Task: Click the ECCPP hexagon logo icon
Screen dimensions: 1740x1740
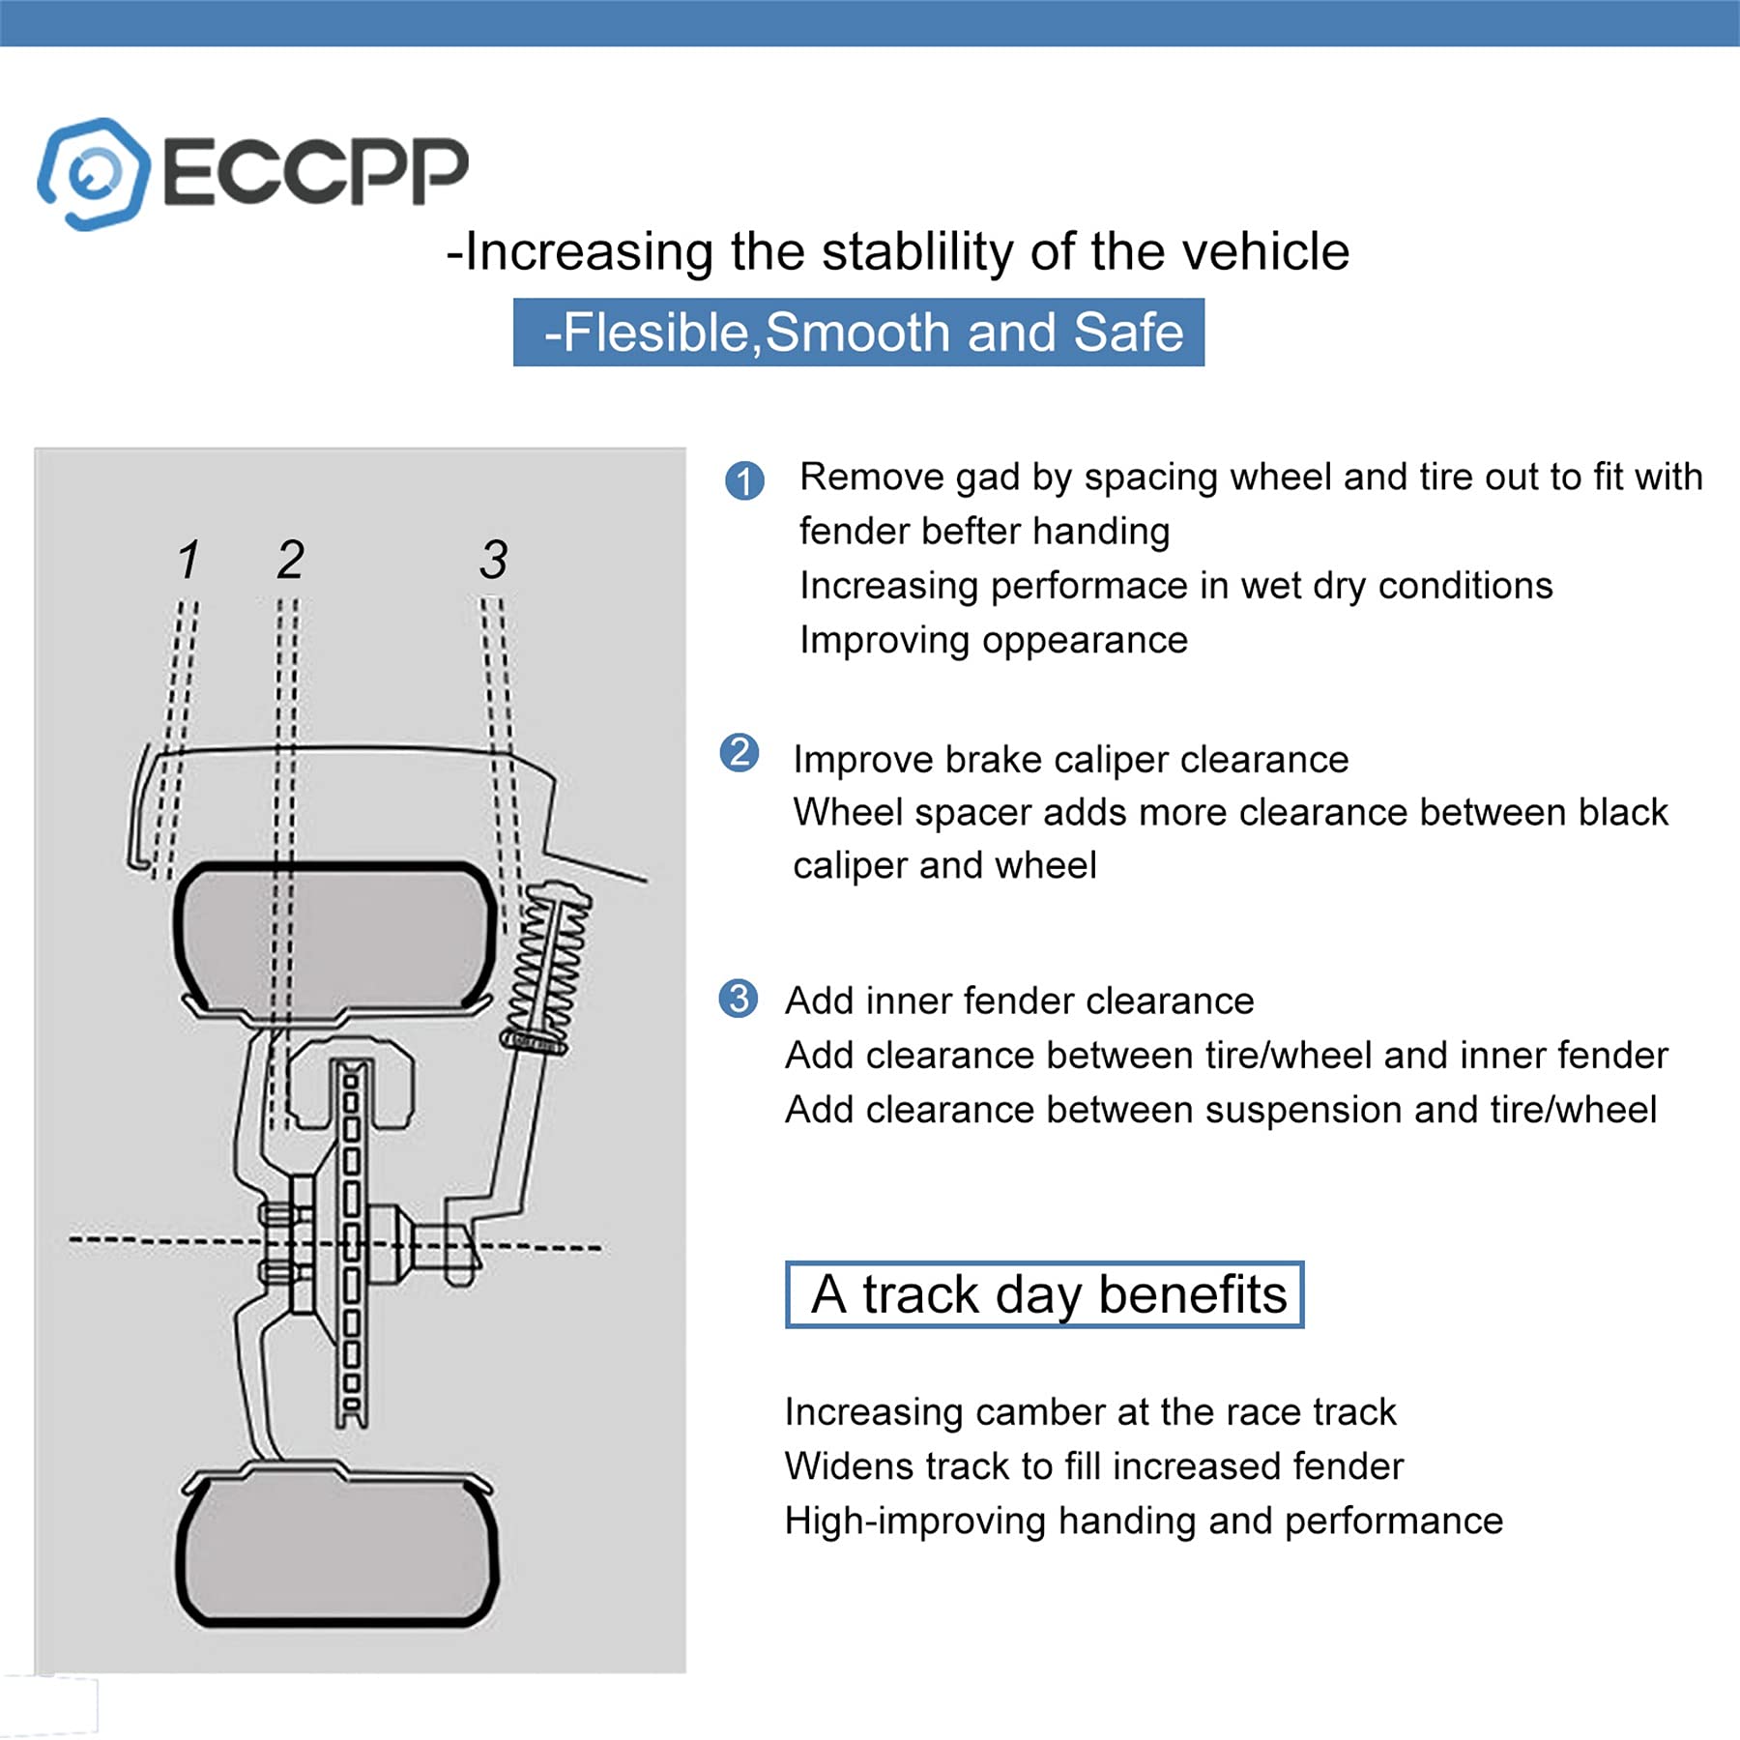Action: (x=94, y=174)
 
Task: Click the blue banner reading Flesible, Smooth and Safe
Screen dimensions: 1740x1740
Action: (x=858, y=333)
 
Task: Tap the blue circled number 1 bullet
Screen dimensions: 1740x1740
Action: (x=744, y=480)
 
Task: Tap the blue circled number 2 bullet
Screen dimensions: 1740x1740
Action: (x=739, y=752)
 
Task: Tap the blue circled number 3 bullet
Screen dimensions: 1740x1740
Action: (x=739, y=998)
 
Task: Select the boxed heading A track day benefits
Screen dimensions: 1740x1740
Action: (x=1044, y=1294)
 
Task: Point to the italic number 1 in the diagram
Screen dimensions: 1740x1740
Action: (x=188, y=560)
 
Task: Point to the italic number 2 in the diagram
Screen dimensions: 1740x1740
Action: (x=290, y=560)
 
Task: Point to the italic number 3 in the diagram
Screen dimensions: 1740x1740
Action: (x=493, y=560)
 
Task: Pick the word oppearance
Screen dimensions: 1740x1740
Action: (x=1079, y=640)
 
